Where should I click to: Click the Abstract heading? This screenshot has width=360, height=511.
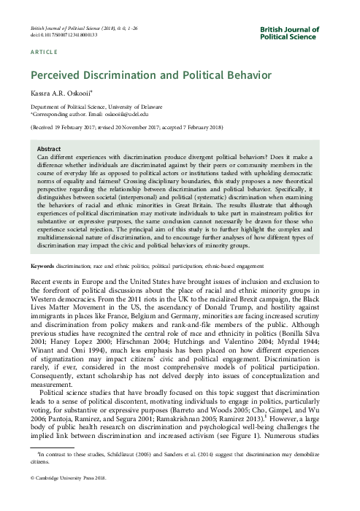tap(49, 148)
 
